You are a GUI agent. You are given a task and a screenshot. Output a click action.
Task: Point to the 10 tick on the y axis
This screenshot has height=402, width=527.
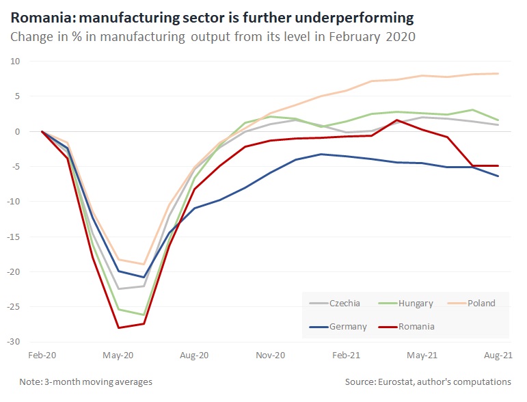(16, 61)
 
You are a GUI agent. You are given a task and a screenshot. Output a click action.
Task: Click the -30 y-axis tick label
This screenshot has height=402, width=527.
(14, 341)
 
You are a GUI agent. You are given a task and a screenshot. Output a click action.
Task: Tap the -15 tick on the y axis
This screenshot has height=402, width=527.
(14, 237)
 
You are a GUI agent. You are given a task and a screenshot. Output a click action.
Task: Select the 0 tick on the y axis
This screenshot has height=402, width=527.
(18, 131)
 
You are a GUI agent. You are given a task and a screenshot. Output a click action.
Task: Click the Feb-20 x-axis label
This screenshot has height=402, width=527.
(42, 356)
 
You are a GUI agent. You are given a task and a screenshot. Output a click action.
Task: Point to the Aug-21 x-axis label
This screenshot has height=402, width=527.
(498, 356)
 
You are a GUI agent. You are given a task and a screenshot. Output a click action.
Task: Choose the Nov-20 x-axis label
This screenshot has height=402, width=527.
(271, 356)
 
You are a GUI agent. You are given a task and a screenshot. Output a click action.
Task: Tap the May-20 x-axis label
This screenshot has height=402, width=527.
(118, 356)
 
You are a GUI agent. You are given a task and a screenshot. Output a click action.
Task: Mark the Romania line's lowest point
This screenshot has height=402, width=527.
(118, 328)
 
